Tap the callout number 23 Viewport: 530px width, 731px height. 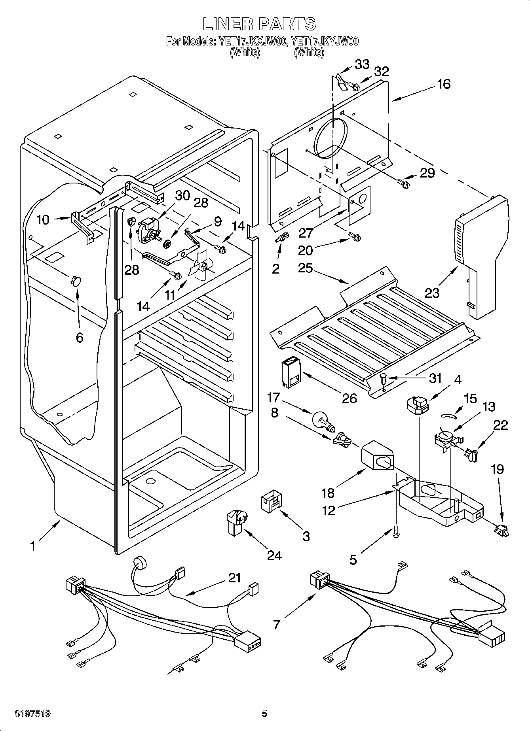tap(432, 293)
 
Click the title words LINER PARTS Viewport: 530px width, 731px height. tap(260, 24)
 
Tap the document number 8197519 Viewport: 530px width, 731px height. tap(32, 714)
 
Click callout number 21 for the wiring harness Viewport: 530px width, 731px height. tap(235, 578)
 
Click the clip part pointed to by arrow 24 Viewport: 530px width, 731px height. tap(236, 520)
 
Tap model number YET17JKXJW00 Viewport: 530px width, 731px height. tap(252, 41)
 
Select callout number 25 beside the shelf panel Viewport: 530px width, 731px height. tap(306, 268)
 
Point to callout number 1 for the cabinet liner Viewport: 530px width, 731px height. tap(33, 546)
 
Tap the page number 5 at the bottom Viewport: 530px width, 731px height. tap(264, 714)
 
